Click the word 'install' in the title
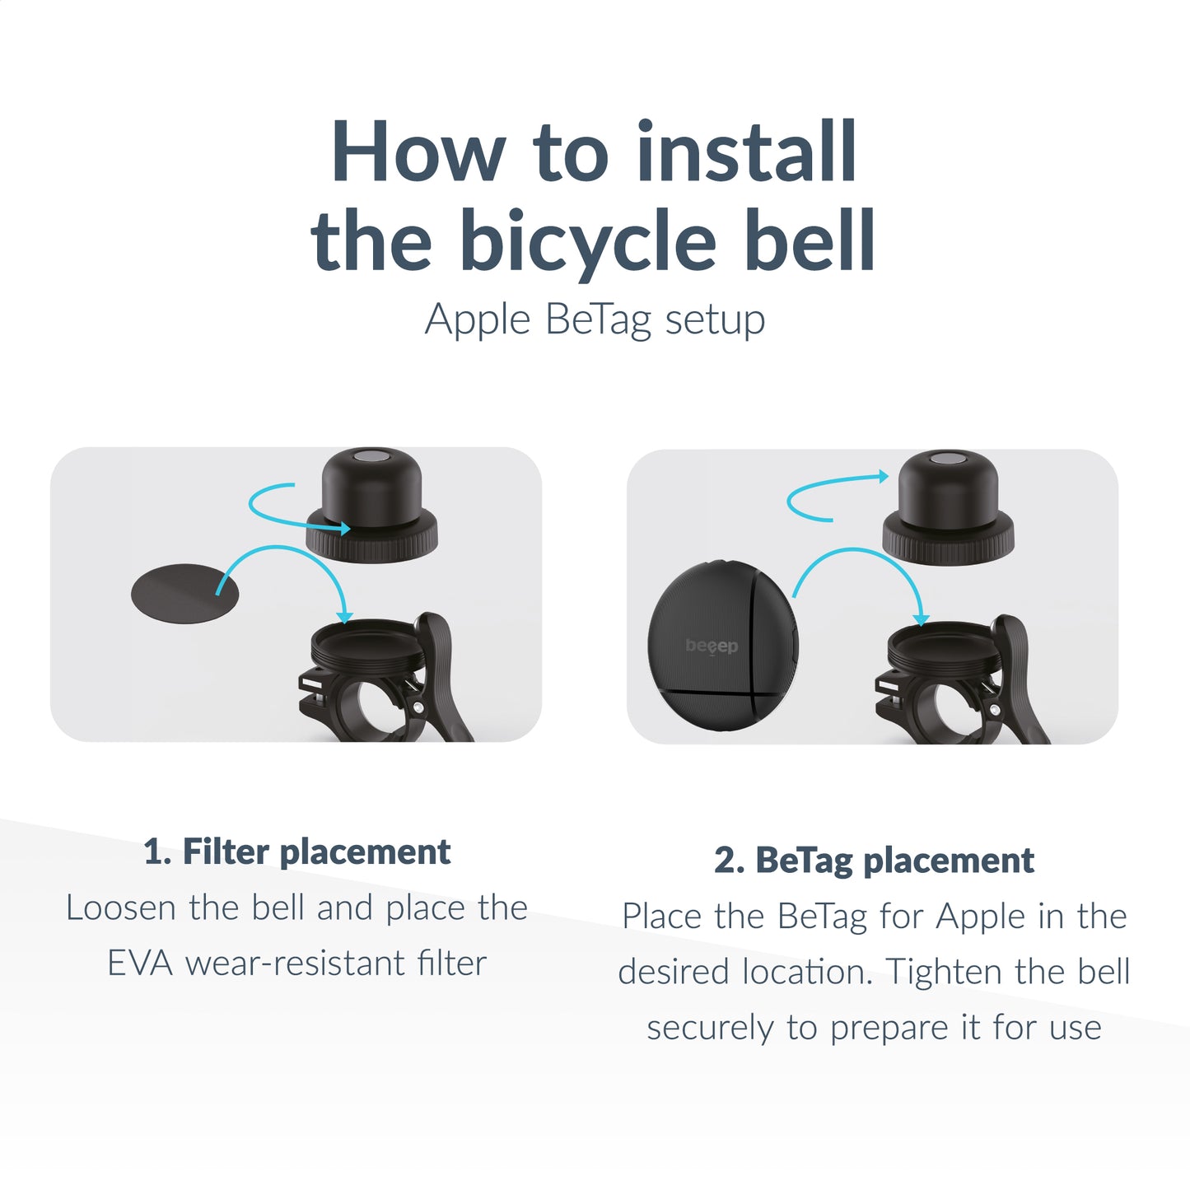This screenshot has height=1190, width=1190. [747, 153]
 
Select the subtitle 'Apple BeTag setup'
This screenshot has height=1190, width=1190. [595, 320]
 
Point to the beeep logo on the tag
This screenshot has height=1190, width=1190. [712, 646]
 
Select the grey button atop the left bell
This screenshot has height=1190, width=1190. [371, 457]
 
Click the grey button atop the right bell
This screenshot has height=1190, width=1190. [948, 459]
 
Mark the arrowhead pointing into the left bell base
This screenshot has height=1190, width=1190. [344, 617]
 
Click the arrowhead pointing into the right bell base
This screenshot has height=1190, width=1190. [921, 618]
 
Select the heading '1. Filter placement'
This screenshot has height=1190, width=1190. [296, 852]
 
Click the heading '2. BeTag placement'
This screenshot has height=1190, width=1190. [874, 861]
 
